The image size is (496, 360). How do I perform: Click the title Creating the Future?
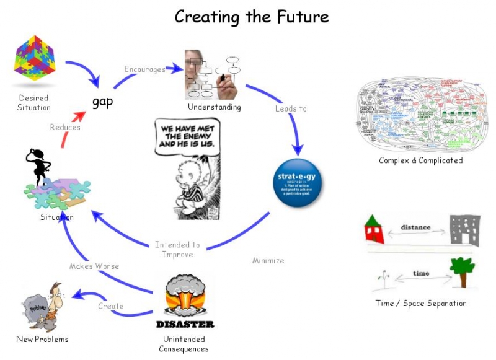(251, 16)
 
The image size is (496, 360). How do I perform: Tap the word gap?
(102, 101)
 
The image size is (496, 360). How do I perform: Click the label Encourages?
(144, 69)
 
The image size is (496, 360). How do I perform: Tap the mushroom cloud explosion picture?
(185, 296)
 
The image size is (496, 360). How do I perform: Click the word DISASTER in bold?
(185, 324)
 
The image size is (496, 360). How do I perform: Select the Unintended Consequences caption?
(185, 343)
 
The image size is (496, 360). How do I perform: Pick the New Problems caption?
(42, 339)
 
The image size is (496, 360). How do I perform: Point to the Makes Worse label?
(94, 266)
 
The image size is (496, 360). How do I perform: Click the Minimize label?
(268, 260)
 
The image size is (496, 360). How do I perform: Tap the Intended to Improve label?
(177, 249)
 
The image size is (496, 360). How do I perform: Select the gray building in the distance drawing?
(463, 230)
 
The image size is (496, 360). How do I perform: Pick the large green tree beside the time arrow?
(462, 270)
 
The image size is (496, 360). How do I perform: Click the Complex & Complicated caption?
(421, 160)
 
